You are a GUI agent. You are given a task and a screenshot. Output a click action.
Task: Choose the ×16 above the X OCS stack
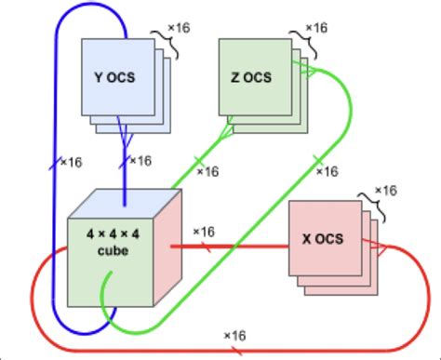[384, 190]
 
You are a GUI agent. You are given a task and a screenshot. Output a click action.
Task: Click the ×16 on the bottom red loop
[234, 335]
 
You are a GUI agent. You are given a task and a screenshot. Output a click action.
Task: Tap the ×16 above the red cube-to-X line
[205, 230]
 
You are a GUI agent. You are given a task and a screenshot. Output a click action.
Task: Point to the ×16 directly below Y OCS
[139, 161]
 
